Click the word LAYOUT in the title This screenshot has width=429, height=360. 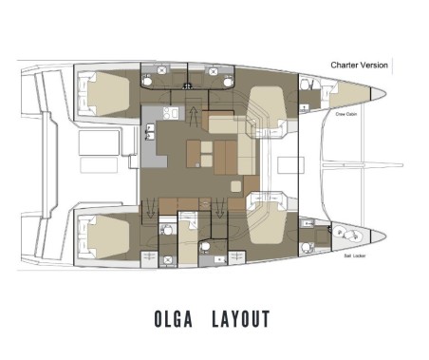242,318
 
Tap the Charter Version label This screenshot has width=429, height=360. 359,65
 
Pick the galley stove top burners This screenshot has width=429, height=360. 170,115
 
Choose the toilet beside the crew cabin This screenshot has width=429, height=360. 306,86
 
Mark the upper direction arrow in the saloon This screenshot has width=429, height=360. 196,116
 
